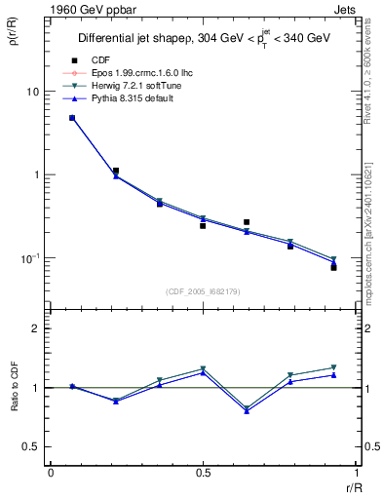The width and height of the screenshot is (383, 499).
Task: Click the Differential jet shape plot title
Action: [x=203, y=38]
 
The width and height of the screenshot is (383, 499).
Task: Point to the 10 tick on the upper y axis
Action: [x=32, y=92]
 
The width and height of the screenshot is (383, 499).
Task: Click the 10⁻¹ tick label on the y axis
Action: [x=30, y=258]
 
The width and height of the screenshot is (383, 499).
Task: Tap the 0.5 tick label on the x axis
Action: [x=203, y=473]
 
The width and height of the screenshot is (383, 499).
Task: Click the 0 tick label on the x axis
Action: [x=50, y=473]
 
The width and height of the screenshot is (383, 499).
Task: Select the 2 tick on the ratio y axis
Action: [x=35, y=328]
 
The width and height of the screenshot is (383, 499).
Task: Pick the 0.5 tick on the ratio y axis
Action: [x=31, y=446]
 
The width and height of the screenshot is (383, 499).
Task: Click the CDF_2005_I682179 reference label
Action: [x=204, y=290]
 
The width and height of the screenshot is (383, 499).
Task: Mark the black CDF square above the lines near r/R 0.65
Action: [x=247, y=222]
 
